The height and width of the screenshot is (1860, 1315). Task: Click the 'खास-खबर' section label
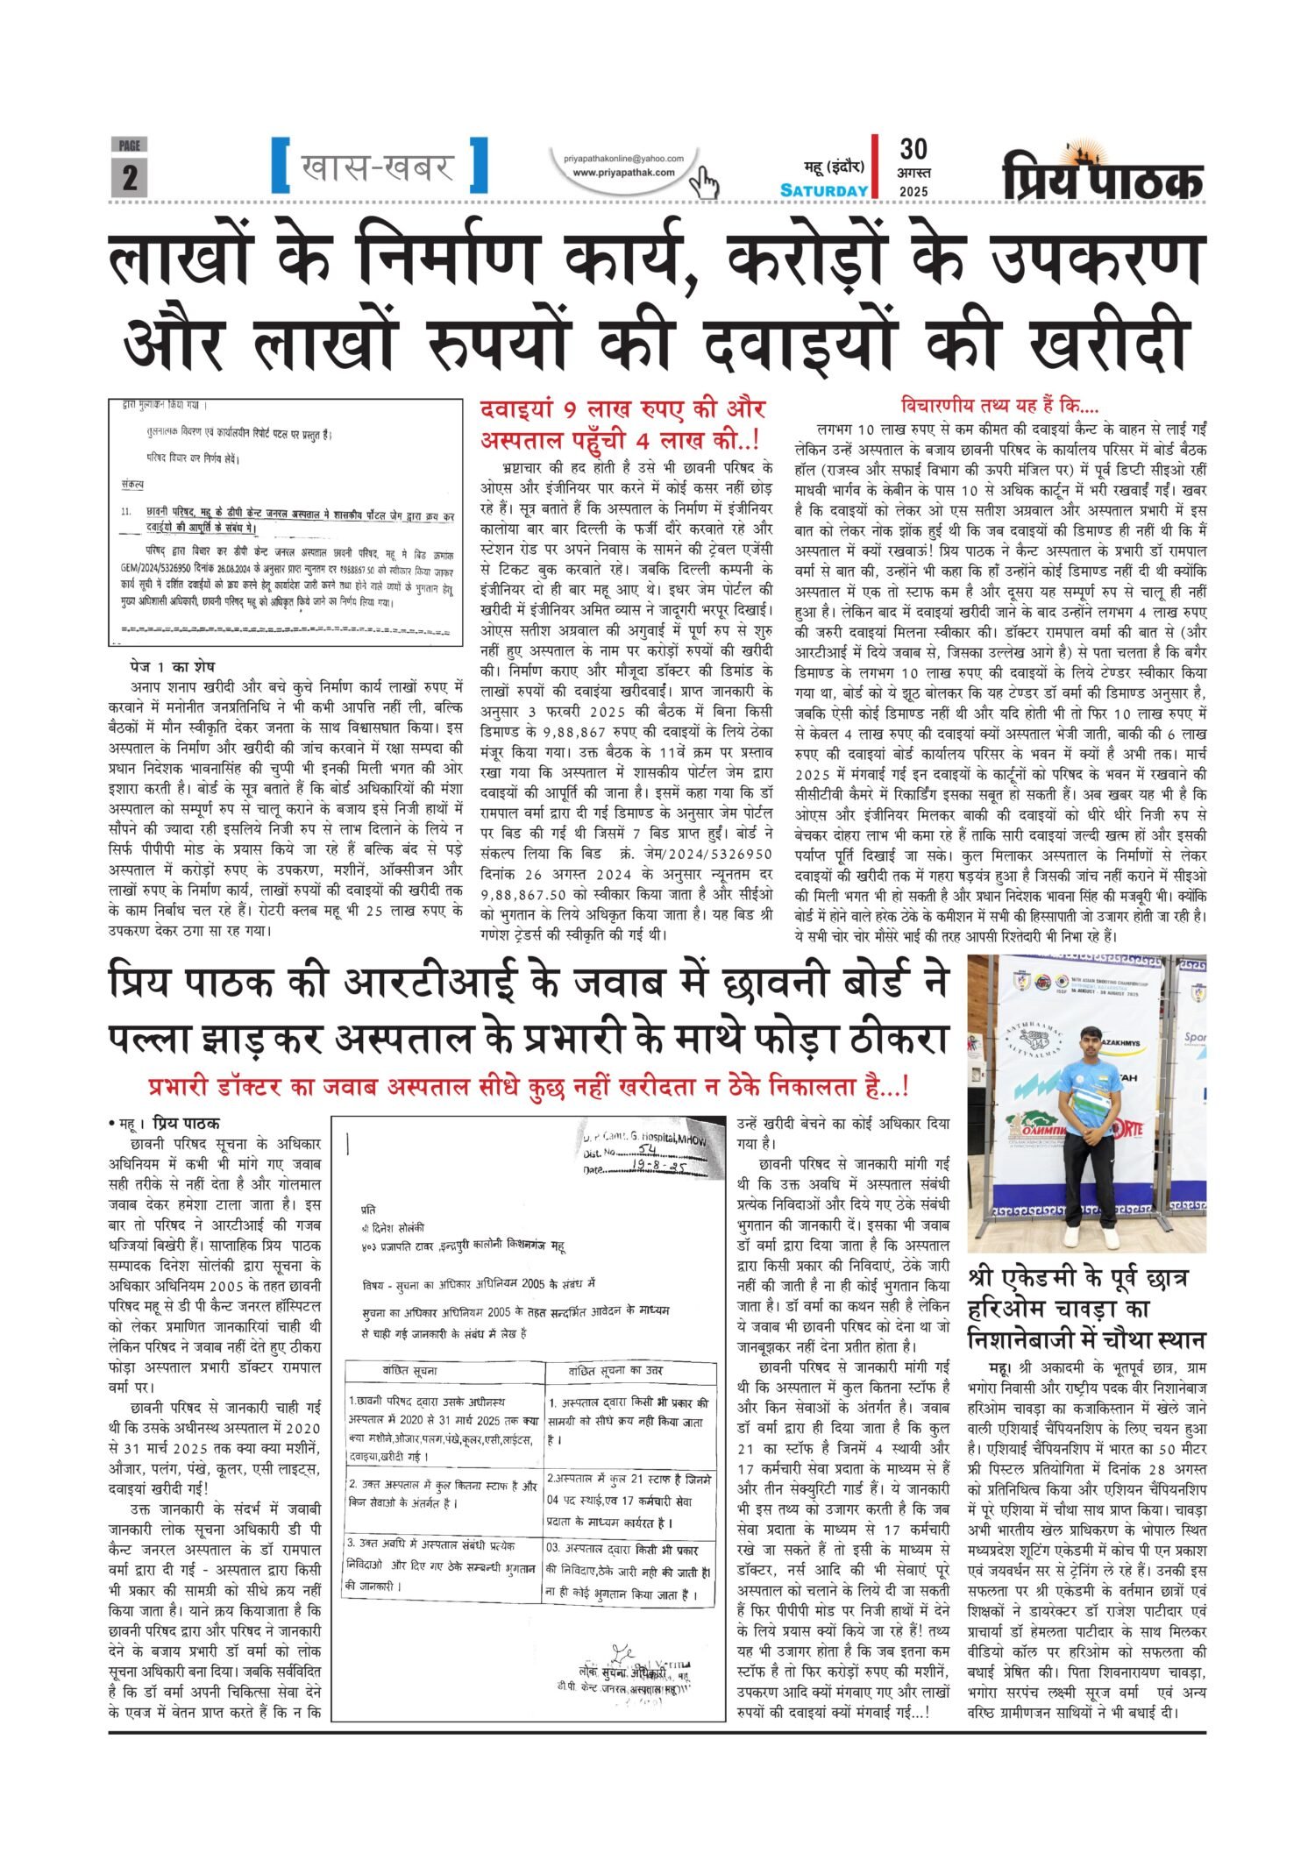[379, 165]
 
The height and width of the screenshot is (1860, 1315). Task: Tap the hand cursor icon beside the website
[703, 182]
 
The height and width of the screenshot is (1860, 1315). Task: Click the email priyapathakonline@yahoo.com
[624, 158]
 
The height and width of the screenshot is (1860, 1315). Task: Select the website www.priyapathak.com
[624, 173]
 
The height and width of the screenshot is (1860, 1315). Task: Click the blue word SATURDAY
[824, 190]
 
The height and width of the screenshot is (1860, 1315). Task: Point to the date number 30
[913, 149]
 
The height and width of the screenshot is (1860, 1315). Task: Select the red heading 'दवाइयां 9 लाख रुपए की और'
[622, 409]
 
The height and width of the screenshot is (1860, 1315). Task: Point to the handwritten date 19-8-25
[657, 1168]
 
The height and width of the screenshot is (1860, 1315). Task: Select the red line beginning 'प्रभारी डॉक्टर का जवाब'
[528, 1088]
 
